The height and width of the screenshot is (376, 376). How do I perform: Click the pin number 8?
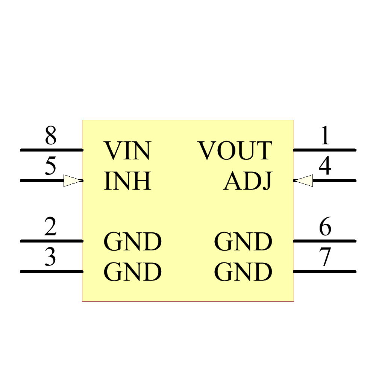pyautogui.click(x=51, y=136)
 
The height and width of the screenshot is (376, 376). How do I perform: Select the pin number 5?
pyautogui.click(x=51, y=166)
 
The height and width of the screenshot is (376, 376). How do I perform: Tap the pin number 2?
pyautogui.click(x=50, y=227)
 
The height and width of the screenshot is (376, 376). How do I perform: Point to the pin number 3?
pyautogui.click(x=50, y=257)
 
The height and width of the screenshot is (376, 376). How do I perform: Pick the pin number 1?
pyautogui.click(x=325, y=136)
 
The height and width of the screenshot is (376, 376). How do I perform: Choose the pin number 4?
pyautogui.click(x=325, y=166)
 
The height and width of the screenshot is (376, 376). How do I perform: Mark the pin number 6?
pyautogui.click(x=325, y=227)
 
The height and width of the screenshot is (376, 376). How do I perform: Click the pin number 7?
pyautogui.click(x=325, y=257)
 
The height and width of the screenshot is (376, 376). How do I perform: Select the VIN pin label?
pyautogui.click(x=127, y=150)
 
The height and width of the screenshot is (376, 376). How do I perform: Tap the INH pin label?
pyautogui.click(x=127, y=181)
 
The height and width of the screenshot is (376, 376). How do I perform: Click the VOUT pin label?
pyautogui.click(x=235, y=150)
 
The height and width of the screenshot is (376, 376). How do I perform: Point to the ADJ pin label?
pyautogui.click(x=247, y=181)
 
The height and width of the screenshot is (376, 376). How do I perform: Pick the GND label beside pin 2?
pyautogui.click(x=132, y=241)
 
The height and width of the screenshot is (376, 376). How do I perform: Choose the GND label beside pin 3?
pyautogui.click(x=132, y=272)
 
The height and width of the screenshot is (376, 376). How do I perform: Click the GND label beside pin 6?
pyautogui.click(x=243, y=241)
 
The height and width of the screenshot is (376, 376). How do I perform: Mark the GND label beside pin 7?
pyautogui.click(x=243, y=272)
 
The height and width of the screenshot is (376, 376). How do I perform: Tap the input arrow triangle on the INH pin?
pyautogui.click(x=73, y=180)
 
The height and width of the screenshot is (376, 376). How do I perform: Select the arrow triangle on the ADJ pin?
pyautogui.click(x=303, y=180)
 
